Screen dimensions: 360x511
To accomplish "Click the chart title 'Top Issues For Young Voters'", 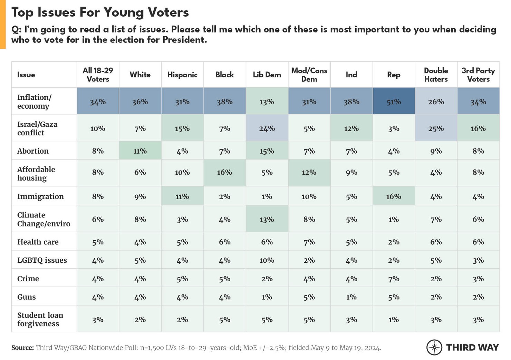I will (x=100, y=12).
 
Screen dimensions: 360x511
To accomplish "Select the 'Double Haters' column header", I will (x=436, y=75).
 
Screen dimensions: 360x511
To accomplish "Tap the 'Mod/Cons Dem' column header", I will (x=309, y=75).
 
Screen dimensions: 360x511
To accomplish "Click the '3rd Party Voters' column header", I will (x=478, y=75).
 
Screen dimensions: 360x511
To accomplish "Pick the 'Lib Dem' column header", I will (x=267, y=75).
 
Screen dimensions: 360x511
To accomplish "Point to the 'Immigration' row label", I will (x=40, y=196).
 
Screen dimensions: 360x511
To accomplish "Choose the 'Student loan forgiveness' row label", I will (x=40, y=319).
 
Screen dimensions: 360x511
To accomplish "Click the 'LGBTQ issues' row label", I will (x=42, y=260).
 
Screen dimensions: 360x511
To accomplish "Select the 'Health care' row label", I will (x=38, y=242).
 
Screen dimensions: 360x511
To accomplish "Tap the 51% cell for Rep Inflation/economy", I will (x=394, y=102).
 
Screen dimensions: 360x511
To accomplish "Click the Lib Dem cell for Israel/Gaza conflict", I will (x=267, y=128).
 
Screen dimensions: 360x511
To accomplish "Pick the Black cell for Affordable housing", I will (x=224, y=172).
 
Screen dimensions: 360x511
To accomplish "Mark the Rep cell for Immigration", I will (x=394, y=196).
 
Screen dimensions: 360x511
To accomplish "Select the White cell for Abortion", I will (x=140, y=151).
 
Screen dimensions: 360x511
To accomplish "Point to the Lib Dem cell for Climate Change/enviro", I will (x=267, y=219).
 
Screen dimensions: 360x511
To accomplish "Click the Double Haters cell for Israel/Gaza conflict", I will (x=436, y=128).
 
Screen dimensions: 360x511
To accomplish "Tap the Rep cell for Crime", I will (x=394, y=279).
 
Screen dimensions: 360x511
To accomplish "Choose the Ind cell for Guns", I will (x=351, y=297).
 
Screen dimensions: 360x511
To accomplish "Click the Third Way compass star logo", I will (x=434, y=347).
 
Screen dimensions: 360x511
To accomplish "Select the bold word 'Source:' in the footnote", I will (x=22, y=348).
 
